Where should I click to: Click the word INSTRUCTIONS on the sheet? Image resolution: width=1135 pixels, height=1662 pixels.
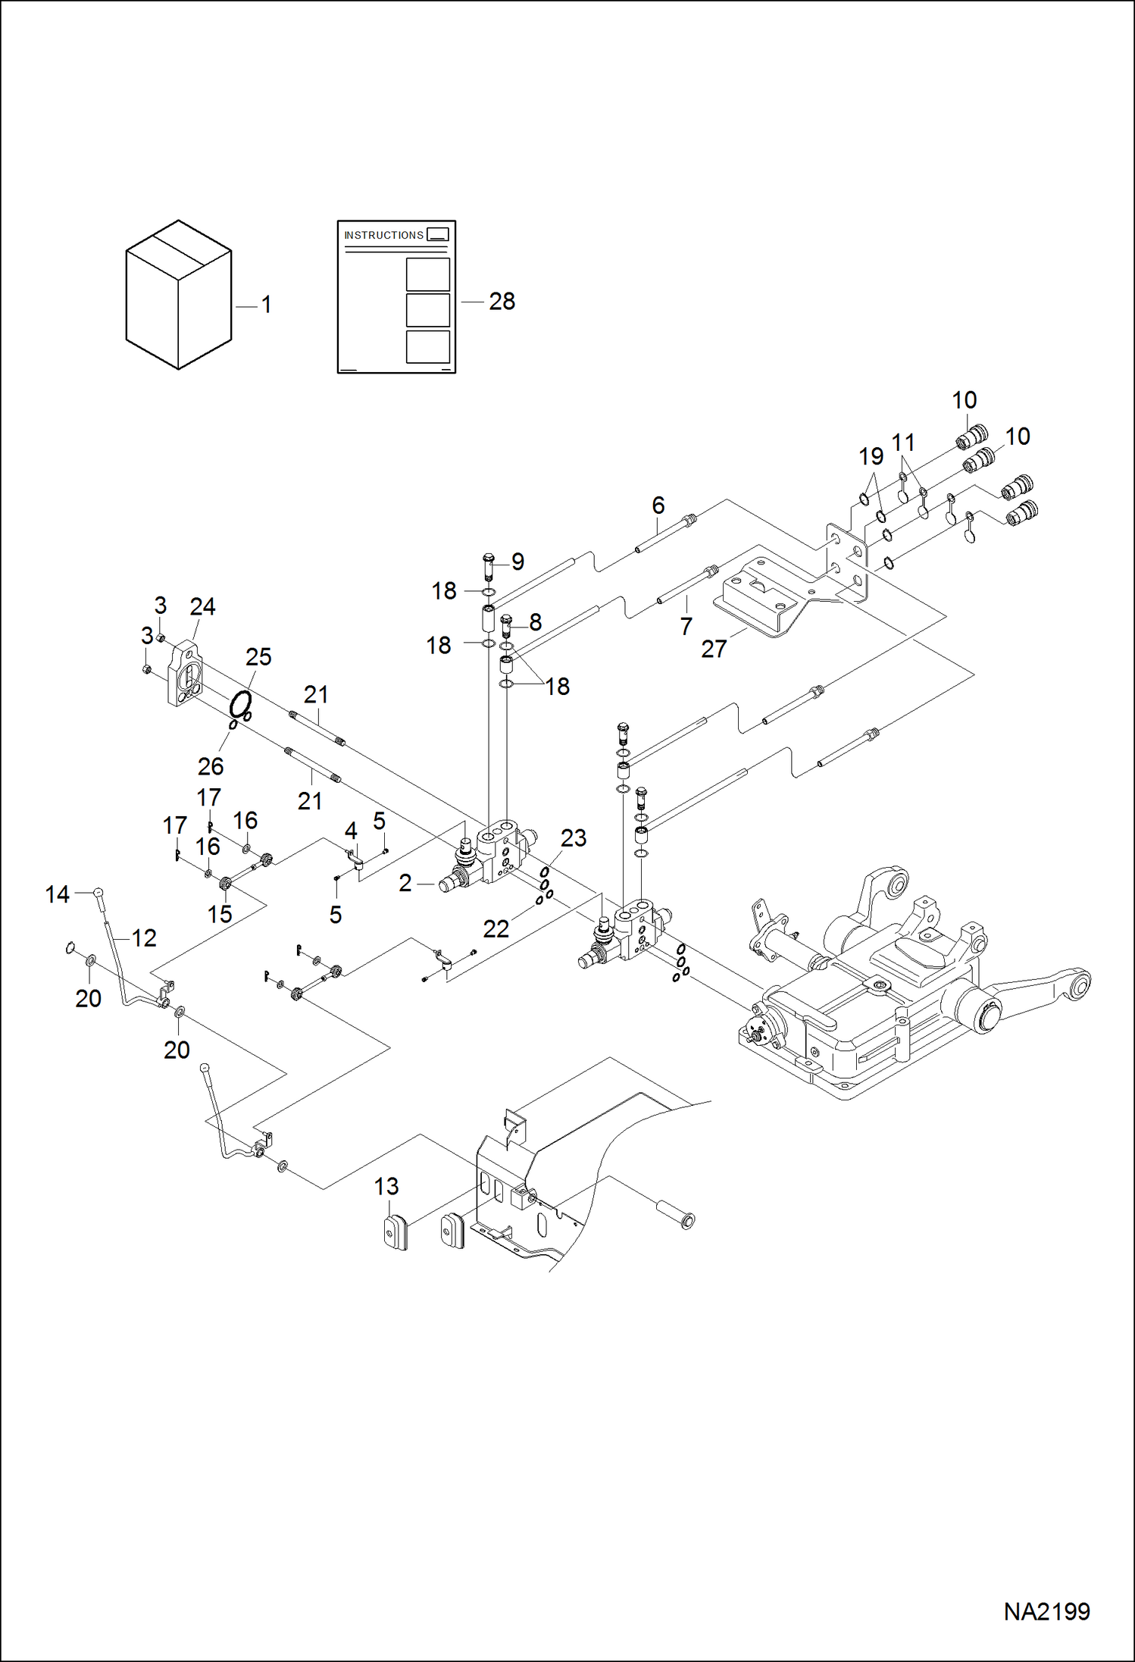tap(383, 236)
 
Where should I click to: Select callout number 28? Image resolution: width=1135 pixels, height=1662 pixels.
tap(502, 302)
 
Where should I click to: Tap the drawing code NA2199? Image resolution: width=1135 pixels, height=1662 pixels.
tap(1046, 1611)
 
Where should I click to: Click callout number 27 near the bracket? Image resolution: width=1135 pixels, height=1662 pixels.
tap(713, 649)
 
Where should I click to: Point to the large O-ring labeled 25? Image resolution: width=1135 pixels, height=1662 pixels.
tap(240, 704)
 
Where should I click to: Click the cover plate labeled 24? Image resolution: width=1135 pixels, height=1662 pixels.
tap(184, 674)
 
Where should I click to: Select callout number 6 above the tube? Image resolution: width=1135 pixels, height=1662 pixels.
tap(658, 505)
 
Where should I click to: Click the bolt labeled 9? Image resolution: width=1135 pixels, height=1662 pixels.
tap(488, 565)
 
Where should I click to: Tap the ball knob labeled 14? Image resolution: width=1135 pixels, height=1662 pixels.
tap(98, 893)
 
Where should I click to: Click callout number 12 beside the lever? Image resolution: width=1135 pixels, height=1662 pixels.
tap(144, 938)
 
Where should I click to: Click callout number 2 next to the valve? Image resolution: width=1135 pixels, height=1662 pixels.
tap(405, 883)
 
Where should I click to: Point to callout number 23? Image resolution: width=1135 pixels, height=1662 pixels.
tap(574, 838)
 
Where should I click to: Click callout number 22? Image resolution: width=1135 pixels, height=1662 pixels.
tap(496, 929)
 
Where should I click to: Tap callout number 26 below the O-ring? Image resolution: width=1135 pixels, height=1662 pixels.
tap(211, 766)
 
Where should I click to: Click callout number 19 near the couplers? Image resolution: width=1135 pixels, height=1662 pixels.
tap(871, 456)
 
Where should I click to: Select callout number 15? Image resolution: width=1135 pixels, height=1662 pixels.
tap(220, 914)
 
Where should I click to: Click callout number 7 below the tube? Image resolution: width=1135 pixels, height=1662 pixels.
tap(686, 627)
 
